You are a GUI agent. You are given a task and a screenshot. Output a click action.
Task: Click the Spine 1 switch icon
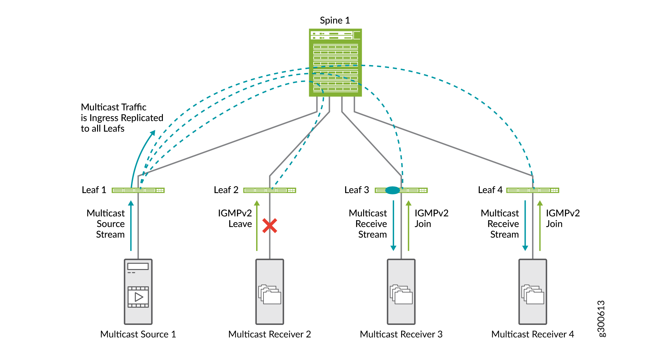(335, 63)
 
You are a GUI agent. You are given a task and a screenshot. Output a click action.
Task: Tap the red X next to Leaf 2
(270, 226)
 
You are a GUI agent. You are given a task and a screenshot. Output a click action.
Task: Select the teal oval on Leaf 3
(393, 191)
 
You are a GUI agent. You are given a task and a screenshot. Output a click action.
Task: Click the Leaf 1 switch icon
(138, 191)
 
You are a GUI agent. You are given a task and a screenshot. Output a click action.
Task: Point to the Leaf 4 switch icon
(533, 191)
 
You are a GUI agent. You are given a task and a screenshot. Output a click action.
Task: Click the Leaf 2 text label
(226, 190)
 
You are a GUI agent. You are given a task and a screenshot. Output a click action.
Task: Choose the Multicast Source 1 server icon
(138, 291)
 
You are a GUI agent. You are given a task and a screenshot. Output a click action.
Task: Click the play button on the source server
(138, 297)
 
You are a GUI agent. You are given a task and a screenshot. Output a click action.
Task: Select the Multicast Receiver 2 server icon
(270, 291)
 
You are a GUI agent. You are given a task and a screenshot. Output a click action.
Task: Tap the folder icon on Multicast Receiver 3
(401, 294)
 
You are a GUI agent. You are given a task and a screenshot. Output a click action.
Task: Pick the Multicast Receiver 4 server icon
(533, 291)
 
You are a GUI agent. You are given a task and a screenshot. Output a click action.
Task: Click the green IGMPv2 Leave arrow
(257, 225)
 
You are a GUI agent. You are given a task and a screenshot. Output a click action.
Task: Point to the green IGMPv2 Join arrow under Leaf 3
(408, 225)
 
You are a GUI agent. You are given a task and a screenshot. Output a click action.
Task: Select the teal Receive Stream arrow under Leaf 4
(525, 225)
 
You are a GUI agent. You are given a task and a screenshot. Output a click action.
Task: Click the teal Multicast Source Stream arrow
(131, 225)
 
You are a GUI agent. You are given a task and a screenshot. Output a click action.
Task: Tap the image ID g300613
(601, 319)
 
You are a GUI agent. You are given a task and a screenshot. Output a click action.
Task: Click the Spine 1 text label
(335, 20)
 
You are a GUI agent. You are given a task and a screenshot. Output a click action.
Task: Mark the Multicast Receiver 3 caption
(401, 334)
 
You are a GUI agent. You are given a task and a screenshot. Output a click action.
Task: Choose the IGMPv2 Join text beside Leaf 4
(562, 218)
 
